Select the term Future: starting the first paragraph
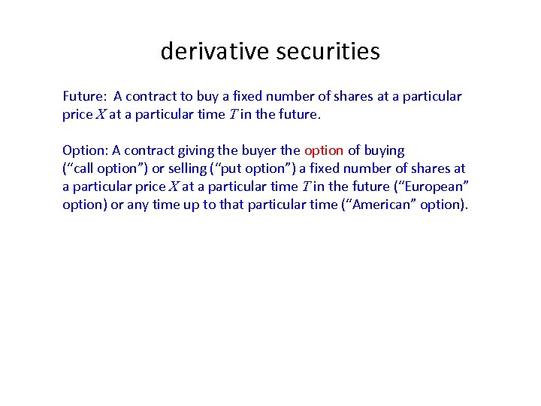coord(85,96)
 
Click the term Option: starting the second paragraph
coord(86,150)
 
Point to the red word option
coord(324,150)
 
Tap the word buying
coord(384,150)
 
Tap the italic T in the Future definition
coord(233,114)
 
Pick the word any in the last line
coord(138,205)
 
